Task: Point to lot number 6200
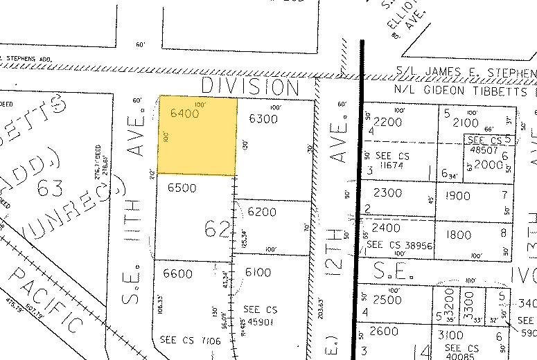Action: [x=262, y=211]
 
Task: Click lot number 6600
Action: [x=177, y=273]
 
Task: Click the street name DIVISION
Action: [x=250, y=87]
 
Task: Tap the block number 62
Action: [x=216, y=228]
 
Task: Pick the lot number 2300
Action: [x=387, y=193]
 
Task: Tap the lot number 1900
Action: [x=459, y=196]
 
